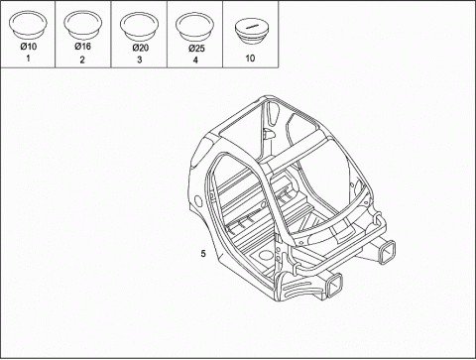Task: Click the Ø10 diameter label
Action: coord(29,47)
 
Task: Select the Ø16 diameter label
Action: coord(82,46)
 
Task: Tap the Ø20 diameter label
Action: coord(141,48)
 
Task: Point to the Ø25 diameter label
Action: coord(196,49)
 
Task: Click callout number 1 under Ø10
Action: coord(28,59)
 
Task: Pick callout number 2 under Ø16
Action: coord(82,60)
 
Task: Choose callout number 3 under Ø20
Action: coord(140,60)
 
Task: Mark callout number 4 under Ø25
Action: coord(195,60)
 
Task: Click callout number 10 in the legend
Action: coord(250,59)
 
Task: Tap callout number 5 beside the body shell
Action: coord(203,254)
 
